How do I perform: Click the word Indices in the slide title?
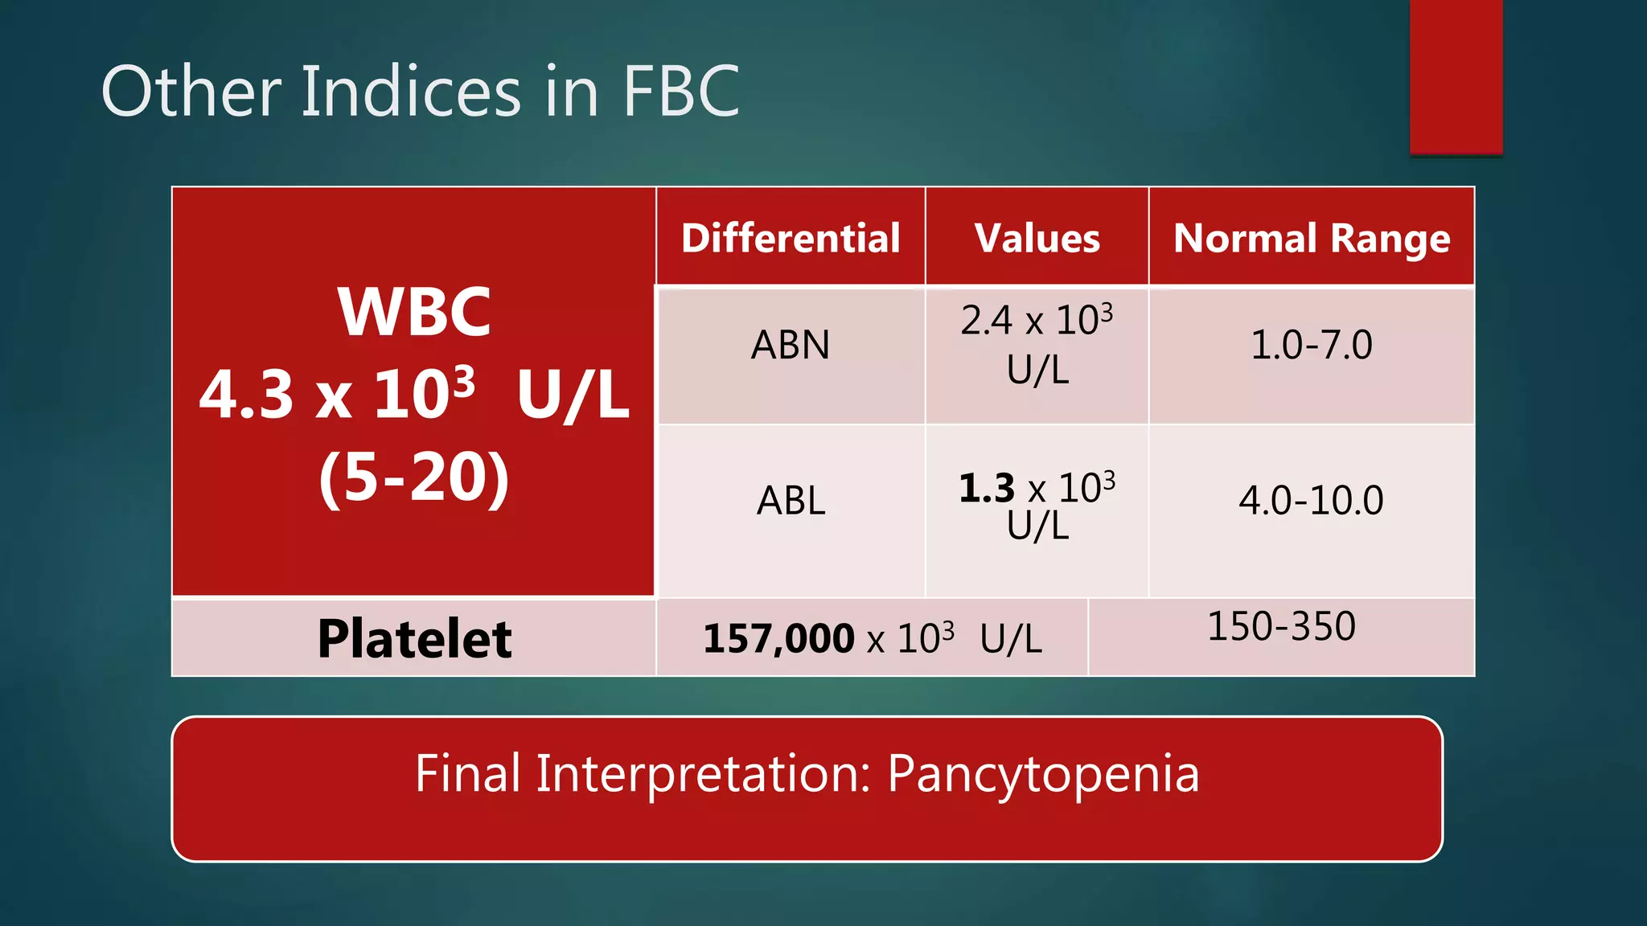click(x=411, y=92)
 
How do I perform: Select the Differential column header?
click(x=791, y=238)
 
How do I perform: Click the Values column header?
click(x=1037, y=238)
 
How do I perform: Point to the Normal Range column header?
click(x=1312, y=238)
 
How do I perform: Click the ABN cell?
click(x=791, y=346)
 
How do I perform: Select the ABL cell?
click(x=791, y=501)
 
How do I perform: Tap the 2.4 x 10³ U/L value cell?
click(x=1037, y=344)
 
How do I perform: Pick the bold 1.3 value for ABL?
click(x=987, y=488)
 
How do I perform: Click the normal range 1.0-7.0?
click(x=1312, y=345)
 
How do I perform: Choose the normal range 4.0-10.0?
click(x=1312, y=500)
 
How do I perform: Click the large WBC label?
click(x=414, y=312)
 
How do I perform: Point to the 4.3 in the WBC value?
click(x=246, y=395)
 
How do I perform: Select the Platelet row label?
click(x=414, y=639)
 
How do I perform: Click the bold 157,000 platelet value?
click(x=778, y=639)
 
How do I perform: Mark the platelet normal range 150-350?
click(x=1281, y=626)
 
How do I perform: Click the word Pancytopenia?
click(x=1043, y=774)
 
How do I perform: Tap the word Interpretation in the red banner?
click(x=704, y=774)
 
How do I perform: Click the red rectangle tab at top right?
click(x=1456, y=76)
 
